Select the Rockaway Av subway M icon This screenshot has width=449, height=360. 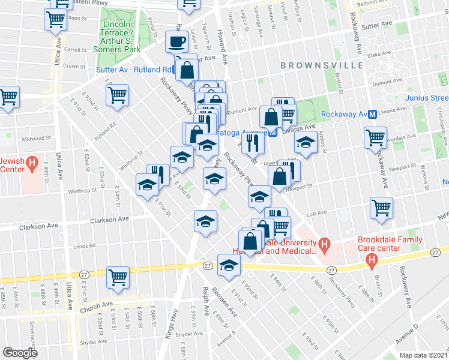[x=372, y=114]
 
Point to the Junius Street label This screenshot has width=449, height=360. [x=430, y=98]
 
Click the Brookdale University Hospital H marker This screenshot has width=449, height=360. [x=324, y=244]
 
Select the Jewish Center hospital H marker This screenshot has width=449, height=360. [x=33, y=163]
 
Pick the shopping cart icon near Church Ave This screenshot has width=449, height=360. [x=118, y=277]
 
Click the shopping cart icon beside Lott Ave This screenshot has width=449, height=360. [x=381, y=208]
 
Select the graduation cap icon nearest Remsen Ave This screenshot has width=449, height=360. [x=228, y=265]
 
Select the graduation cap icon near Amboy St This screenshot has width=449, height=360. [x=306, y=143]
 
